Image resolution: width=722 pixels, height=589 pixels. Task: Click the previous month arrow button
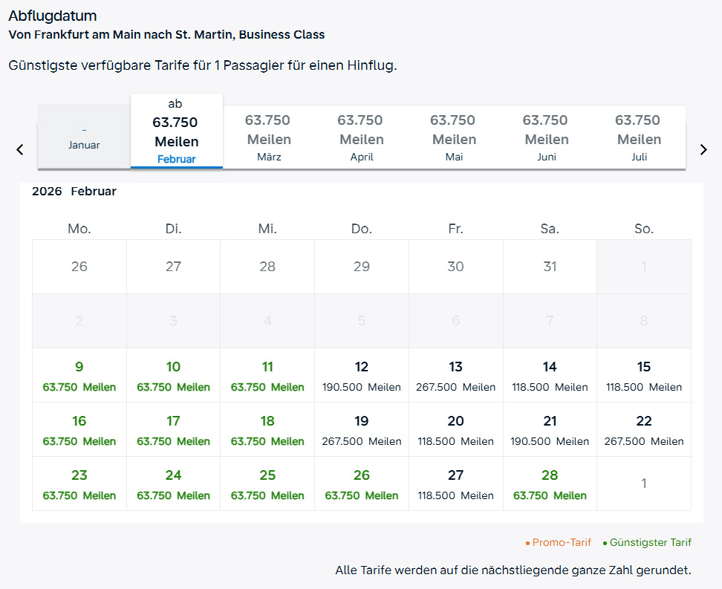20,149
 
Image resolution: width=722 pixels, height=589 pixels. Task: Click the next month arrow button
703,149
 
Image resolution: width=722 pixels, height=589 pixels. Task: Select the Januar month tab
84,138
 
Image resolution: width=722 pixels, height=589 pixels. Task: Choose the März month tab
269,137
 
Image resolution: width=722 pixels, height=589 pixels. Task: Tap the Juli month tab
638,137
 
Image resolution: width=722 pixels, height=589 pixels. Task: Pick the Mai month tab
452,137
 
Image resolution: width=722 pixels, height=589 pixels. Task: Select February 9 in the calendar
79,375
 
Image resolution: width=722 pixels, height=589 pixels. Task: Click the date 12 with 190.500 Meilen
362,375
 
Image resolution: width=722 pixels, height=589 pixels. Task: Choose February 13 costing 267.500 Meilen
456,375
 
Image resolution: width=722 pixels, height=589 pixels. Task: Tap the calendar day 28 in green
550,484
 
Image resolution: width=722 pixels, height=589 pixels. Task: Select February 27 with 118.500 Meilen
456,484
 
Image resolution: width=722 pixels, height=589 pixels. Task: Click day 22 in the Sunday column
644,429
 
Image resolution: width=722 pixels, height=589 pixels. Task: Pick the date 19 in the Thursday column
362,429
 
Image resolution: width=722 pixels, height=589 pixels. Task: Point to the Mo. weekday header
79,229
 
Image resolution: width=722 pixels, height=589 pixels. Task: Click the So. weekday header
644,229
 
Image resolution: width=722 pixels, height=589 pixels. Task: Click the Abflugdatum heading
53,16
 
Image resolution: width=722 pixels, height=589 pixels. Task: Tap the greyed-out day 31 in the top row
550,267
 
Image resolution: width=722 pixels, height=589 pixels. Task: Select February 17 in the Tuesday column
173,429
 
